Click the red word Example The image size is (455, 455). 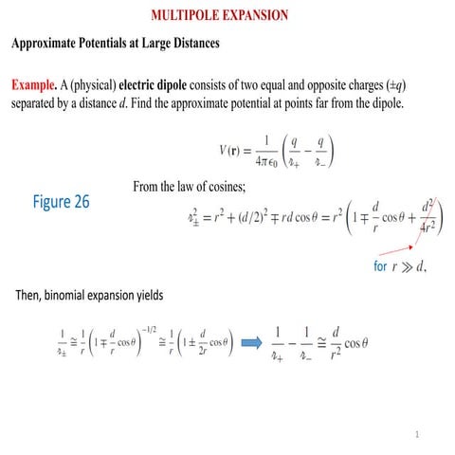(34, 83)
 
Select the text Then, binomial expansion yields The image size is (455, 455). (90, 295)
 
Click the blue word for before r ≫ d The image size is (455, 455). (380, 266)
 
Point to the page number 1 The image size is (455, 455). (415, 434)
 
